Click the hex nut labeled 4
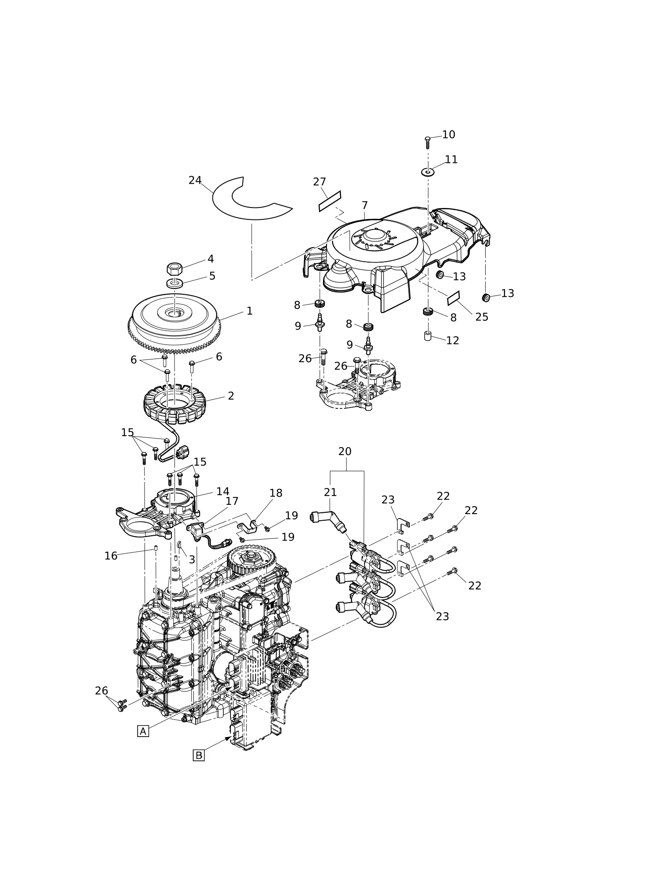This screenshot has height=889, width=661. [175, 268]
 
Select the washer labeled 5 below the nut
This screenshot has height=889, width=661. [175, 283]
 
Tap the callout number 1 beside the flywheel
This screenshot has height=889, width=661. [249, 311]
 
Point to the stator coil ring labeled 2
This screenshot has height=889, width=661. [175, 404]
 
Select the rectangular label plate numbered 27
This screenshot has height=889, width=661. [330, 201]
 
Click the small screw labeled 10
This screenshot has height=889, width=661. [427, 143]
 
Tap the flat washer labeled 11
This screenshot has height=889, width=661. [427, 172]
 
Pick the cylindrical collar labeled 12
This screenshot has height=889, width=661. [427, 336]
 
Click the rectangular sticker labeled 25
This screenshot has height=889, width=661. [453, 298]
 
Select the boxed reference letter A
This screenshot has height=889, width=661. [143, 731]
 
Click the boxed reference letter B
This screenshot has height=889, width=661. [199, 756]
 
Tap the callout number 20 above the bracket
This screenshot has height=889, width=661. [345, 452]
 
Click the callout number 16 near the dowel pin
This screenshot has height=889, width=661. [111, 556]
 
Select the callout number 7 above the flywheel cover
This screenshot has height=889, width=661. [364, 205]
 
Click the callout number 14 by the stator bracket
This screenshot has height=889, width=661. [223, 491]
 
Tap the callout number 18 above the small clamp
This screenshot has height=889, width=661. [276, 493]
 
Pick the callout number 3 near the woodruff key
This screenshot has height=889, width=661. [192, 559]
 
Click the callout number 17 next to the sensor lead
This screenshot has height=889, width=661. [232, 501]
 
